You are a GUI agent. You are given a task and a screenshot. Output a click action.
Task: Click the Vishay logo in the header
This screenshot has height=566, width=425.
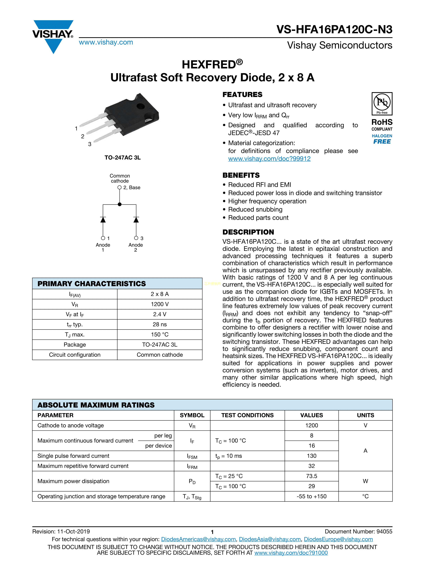coord(53,36)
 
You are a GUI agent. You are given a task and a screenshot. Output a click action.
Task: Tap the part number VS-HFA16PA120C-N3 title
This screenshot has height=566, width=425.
coord(334,30)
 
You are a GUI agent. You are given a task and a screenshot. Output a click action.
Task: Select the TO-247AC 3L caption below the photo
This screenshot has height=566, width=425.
coord(122,158)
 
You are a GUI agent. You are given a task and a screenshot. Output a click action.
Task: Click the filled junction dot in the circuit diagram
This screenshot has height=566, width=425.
coord(120,204)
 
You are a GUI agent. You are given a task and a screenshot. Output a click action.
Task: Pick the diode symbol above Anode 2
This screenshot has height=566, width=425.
coord(136,220)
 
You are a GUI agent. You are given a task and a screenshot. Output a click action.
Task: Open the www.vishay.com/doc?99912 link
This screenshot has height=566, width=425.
coord(269,159)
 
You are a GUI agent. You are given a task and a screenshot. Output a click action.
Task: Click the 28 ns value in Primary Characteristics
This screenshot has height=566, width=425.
coord(159,325)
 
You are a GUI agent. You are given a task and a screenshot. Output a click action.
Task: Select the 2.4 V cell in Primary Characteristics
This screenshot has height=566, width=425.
coord(159,314)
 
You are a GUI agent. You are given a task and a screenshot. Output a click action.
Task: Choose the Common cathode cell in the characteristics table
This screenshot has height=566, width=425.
coord(159,355)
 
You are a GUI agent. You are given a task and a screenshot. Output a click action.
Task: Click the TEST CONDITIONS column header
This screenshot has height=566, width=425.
coord(247,415)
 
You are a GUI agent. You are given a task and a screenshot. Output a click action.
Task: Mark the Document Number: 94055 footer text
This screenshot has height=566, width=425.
coord(358,532)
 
